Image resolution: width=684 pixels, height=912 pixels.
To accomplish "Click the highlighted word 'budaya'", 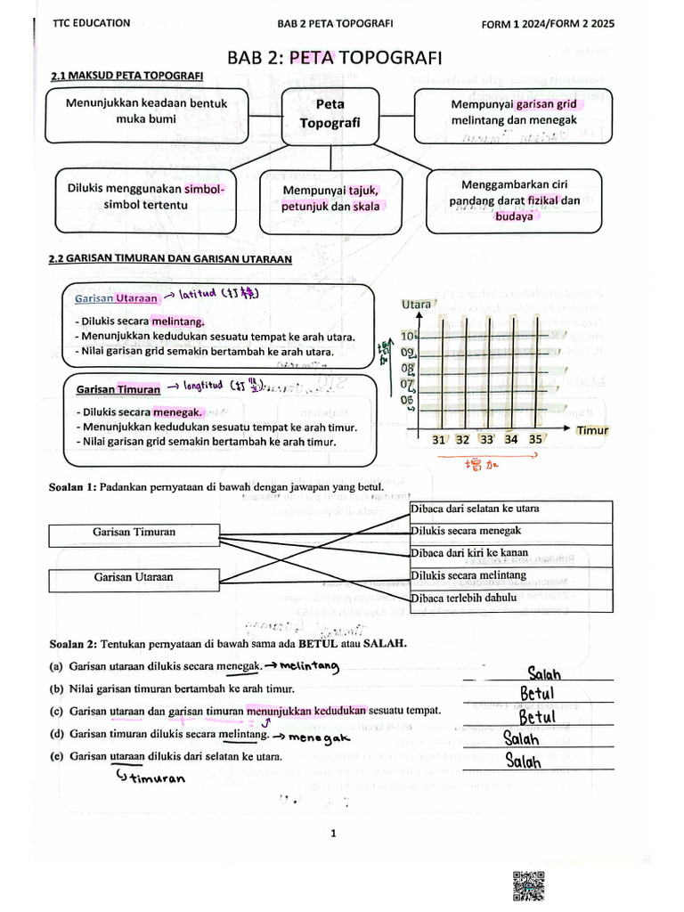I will (x=514, y=216).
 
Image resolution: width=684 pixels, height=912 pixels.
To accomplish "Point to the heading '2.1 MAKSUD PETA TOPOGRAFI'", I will (x=126, y=77).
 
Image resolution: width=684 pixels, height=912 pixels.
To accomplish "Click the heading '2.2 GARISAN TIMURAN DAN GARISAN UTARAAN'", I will (x=170, y=260).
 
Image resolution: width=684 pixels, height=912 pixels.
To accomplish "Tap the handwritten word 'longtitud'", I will (x=204, y=387).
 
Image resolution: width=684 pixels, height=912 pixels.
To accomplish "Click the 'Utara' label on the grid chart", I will (x=416, y=305).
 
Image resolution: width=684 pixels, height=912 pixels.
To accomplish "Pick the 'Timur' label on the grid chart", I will (x=591, y=430).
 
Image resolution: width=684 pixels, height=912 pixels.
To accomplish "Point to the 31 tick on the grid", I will (x=439, y=440).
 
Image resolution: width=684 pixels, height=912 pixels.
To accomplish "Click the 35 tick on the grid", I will (x=534, y=440).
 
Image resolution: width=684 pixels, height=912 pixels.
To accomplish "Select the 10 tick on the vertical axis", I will (x=408, y=337).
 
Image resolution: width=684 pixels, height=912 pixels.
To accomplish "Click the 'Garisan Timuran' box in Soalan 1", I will (x=134, y=533).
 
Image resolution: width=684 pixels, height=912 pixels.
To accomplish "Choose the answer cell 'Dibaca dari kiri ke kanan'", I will (x=510, y=554).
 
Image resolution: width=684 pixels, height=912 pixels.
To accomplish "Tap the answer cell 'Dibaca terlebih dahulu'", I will (x=510, y=598).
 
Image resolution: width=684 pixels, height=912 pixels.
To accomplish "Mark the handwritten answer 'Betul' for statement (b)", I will (x=537, y=693).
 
